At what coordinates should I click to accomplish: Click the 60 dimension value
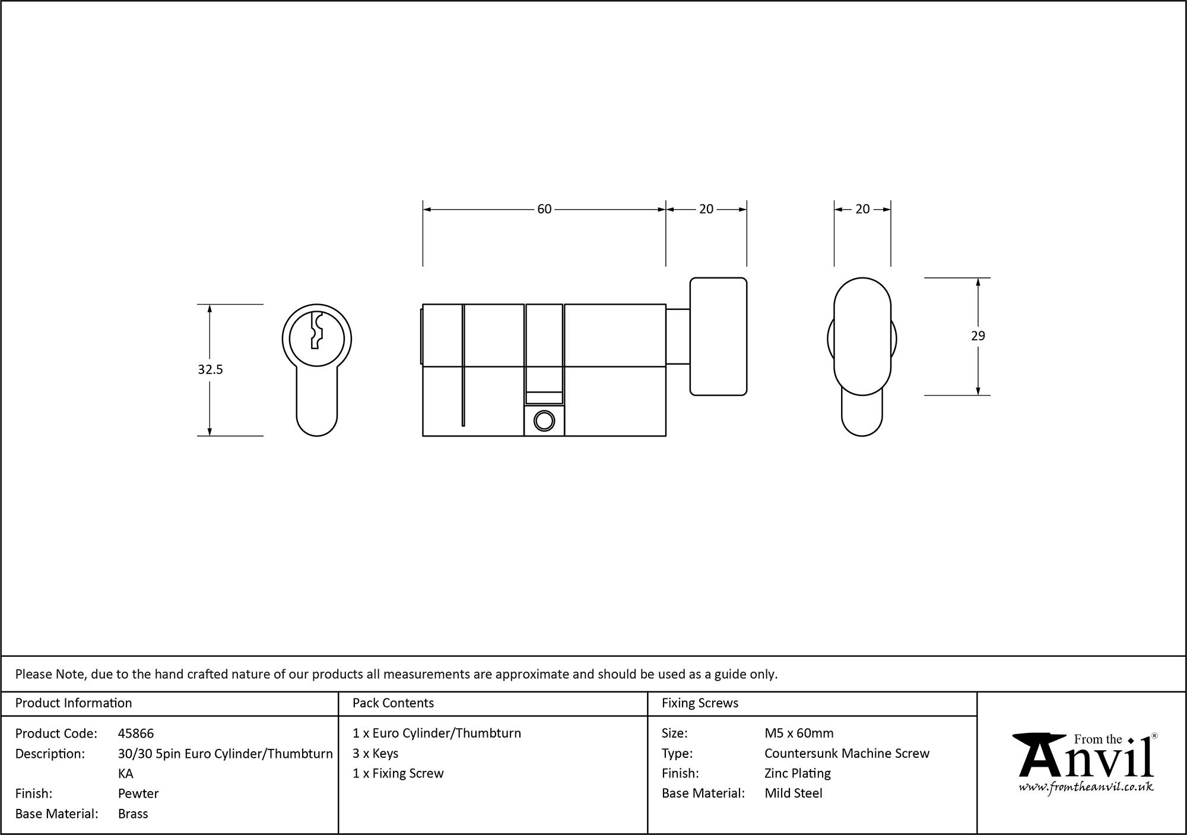pyautogui.click(x=544, y=209)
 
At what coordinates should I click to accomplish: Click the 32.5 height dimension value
pyautogui.click(x=210, y=369)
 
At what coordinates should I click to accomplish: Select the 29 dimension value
pyautogui.click(x=977, y=336)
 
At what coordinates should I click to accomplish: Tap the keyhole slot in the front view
pyautogui.click(x=316, y=330)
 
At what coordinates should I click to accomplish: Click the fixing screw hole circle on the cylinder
pyautogui.click(x=544, y=420)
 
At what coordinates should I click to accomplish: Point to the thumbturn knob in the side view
pyautogui.click(x=718, y=336)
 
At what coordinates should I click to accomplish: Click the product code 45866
pyautogui.click(x=136, y=733)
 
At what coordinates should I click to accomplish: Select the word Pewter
pyautogui.click(x=138, y=793)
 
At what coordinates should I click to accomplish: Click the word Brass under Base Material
pyautogui.click(x=133, y=814)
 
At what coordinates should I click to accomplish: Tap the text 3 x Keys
pyautogui.click(x=375, y=754)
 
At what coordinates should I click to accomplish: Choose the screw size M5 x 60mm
pyautogui.click(x=799, y=733)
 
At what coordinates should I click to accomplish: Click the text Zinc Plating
pyautogui.click(x=797, y=773)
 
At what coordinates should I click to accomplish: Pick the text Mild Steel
pyautogui.click(x=793, y=793)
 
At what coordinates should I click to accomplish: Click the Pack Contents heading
pyautogui.click(x=393, y=703)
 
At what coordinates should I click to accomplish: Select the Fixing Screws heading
pyautogui.click(x=700, y=703)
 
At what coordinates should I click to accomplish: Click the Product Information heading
pyautogui.click(x=74, y=703)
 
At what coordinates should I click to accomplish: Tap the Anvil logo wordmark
pyautogui.click(x=1086, y=761)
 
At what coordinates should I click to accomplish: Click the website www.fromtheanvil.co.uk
pyautogui.click(x=1086, y=787)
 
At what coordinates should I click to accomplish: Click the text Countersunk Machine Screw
pyautogui.click(x=847, y=754)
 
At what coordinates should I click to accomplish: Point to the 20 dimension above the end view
pyautogui.click(x=862, y=209)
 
